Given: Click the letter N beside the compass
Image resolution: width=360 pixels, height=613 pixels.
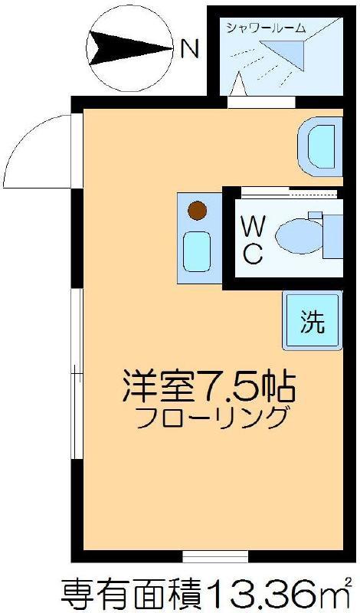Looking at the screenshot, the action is pyautogui.click(x=190, y=48).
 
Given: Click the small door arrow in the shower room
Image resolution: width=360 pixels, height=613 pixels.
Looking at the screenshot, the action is pyautogui.click(x=238, y=84).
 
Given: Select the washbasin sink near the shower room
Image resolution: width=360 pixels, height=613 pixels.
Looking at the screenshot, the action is pyautogui.click(x=319, y=146).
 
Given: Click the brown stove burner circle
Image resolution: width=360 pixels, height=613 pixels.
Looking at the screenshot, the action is pyautogui.click(x=197, y=210).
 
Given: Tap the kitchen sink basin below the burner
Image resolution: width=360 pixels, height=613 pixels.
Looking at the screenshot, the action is pyautogui.click(x=197, y=251).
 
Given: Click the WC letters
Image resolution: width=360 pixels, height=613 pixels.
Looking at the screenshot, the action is pyautogui.click(x=252, y=241).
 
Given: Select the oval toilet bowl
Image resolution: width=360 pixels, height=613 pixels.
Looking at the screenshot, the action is pyautogui.click(x=299, y=236).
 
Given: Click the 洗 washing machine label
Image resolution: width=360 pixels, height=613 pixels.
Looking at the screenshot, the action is pyautogui.click(x=313, y=321).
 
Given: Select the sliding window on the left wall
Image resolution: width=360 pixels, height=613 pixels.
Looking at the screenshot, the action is pyautogui.click(x=77, y=374).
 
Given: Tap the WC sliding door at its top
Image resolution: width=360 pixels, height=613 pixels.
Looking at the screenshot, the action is pyautogui.click(x=290, y=193).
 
